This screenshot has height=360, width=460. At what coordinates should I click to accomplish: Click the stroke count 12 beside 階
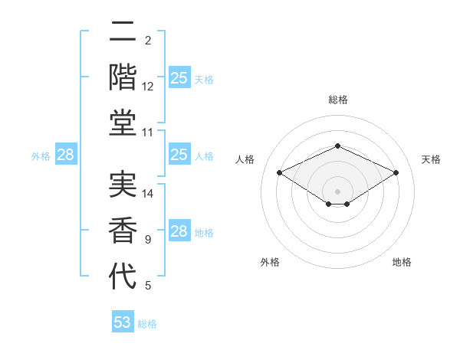click(x=149, y=87)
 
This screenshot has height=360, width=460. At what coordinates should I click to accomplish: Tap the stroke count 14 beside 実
click(x=149, y=194)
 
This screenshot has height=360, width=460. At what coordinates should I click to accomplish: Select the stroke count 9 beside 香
click(x=148, y=240)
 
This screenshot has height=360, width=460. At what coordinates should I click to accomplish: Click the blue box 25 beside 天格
click(x=179, y=78)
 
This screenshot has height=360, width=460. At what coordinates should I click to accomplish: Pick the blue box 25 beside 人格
click(x=179, y=155)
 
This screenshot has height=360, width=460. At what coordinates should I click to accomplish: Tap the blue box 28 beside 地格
click(x=179, y=232)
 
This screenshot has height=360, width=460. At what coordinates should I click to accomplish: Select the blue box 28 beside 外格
click(x=65, y=155)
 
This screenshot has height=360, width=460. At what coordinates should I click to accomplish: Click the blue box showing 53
click(x=123, y=322)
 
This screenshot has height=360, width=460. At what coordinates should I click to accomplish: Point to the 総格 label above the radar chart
click(x=338, y=100)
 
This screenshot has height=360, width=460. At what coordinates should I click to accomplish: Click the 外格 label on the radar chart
click(x=270, y=263)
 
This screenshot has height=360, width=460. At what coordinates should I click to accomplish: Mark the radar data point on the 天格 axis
click(x=396, y=172)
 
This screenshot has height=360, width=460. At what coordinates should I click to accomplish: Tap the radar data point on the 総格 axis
click(x=337, y=146)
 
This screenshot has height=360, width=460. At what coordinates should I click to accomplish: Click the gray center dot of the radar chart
click(x=337, y=191)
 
